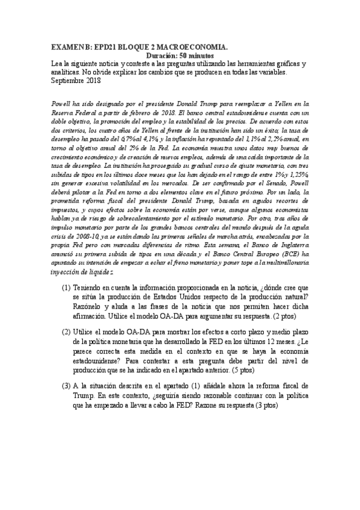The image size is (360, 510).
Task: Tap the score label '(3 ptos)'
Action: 265,405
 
